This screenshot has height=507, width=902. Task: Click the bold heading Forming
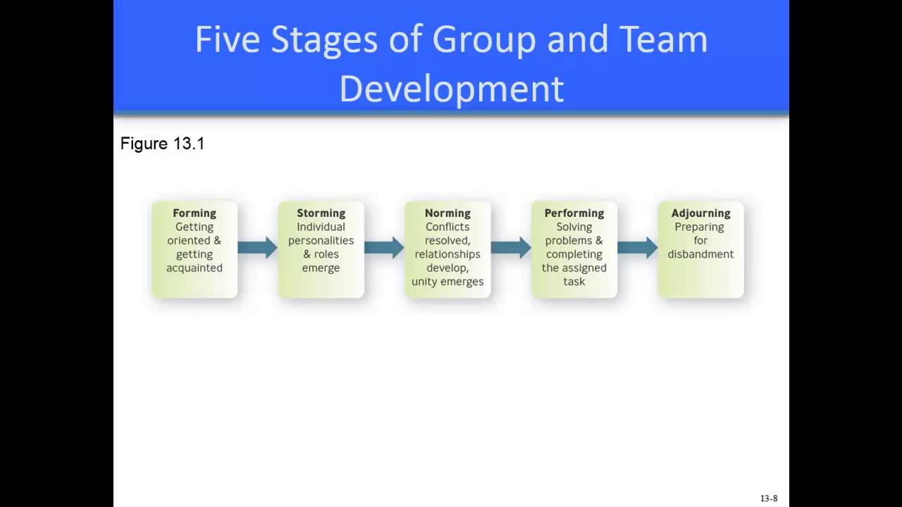[x=194, y=213]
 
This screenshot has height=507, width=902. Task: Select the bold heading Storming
[x=321, y=213]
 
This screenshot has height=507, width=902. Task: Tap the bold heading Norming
[x=447, y=213]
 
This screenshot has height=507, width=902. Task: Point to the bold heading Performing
[x=574, y=213]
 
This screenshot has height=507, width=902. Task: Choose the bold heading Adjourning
[x=700, y=213]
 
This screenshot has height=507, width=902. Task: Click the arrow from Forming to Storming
[x=257, y=247]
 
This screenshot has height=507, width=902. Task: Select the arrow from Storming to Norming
[x=384, y=247]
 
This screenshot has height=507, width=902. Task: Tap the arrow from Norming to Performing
[x=511, y=247]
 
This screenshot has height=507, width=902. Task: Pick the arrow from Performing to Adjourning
[x=637, y=247]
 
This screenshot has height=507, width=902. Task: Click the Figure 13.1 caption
[x=162, y=144]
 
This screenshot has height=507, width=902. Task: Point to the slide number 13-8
[x=769, y=499]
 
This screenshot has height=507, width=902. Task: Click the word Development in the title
[x=451, y=89]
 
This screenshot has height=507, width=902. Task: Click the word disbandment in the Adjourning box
[x=700, y=254]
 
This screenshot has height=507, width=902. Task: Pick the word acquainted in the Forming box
[x=194, y=268]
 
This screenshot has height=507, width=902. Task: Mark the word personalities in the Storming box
[x=321, y=240]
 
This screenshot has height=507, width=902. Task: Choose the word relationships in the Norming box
[x=447, y=254]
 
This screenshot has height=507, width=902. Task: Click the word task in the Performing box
[x=574, y=282]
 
